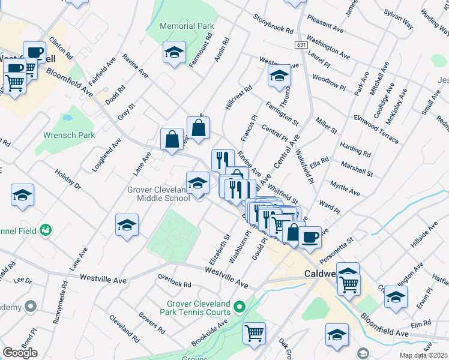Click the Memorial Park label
187,26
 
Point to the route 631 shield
302,46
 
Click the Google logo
20,353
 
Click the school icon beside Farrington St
279,76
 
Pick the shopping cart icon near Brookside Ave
255,332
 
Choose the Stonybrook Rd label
273,23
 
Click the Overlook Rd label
174,281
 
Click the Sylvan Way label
399,19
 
